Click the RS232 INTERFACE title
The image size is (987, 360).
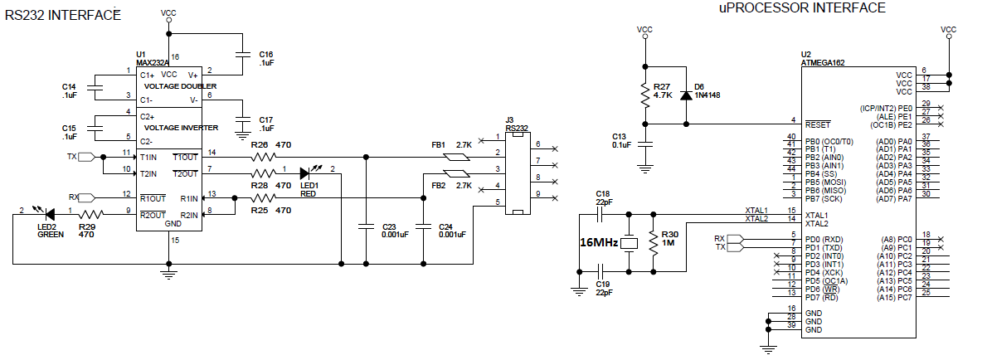[63, 16]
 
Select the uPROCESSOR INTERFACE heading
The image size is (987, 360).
[802, 7]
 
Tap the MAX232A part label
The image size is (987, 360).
[153, 62]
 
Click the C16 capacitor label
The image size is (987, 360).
[265, 56]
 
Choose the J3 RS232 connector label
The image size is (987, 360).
[517, 124]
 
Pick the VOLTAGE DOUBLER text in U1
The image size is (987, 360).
[181, 86]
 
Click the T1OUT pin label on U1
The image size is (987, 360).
[185, 157]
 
